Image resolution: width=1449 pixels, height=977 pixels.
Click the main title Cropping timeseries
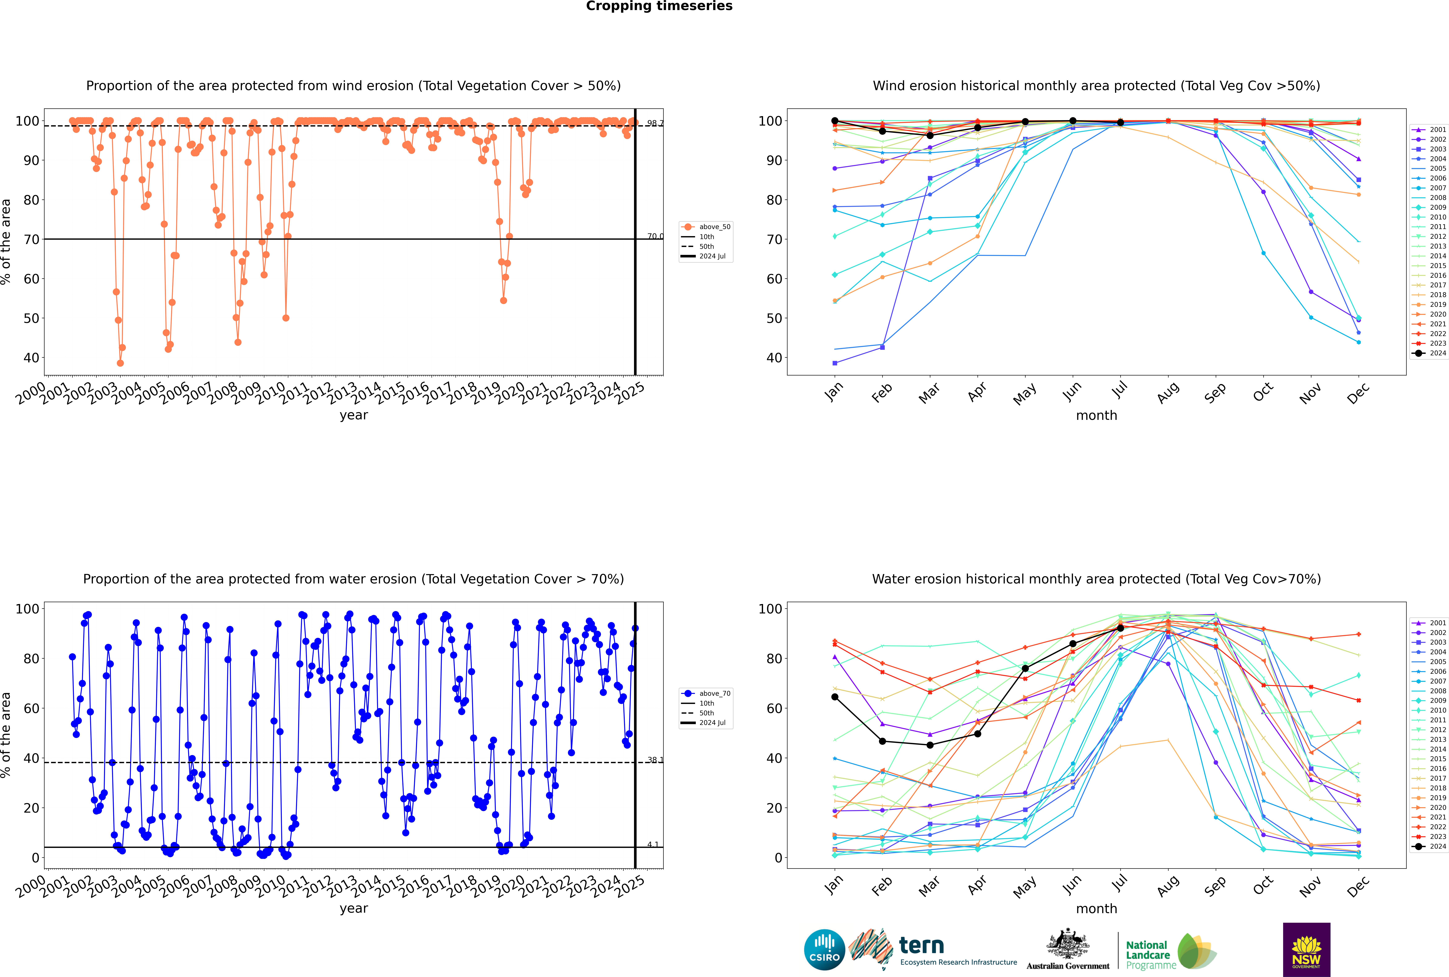[659, 6]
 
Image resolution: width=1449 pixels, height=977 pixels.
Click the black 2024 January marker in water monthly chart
[835, 697]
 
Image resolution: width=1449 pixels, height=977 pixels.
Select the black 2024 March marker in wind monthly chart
[930, 135]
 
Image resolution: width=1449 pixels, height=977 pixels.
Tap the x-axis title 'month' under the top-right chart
[1096, 416]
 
